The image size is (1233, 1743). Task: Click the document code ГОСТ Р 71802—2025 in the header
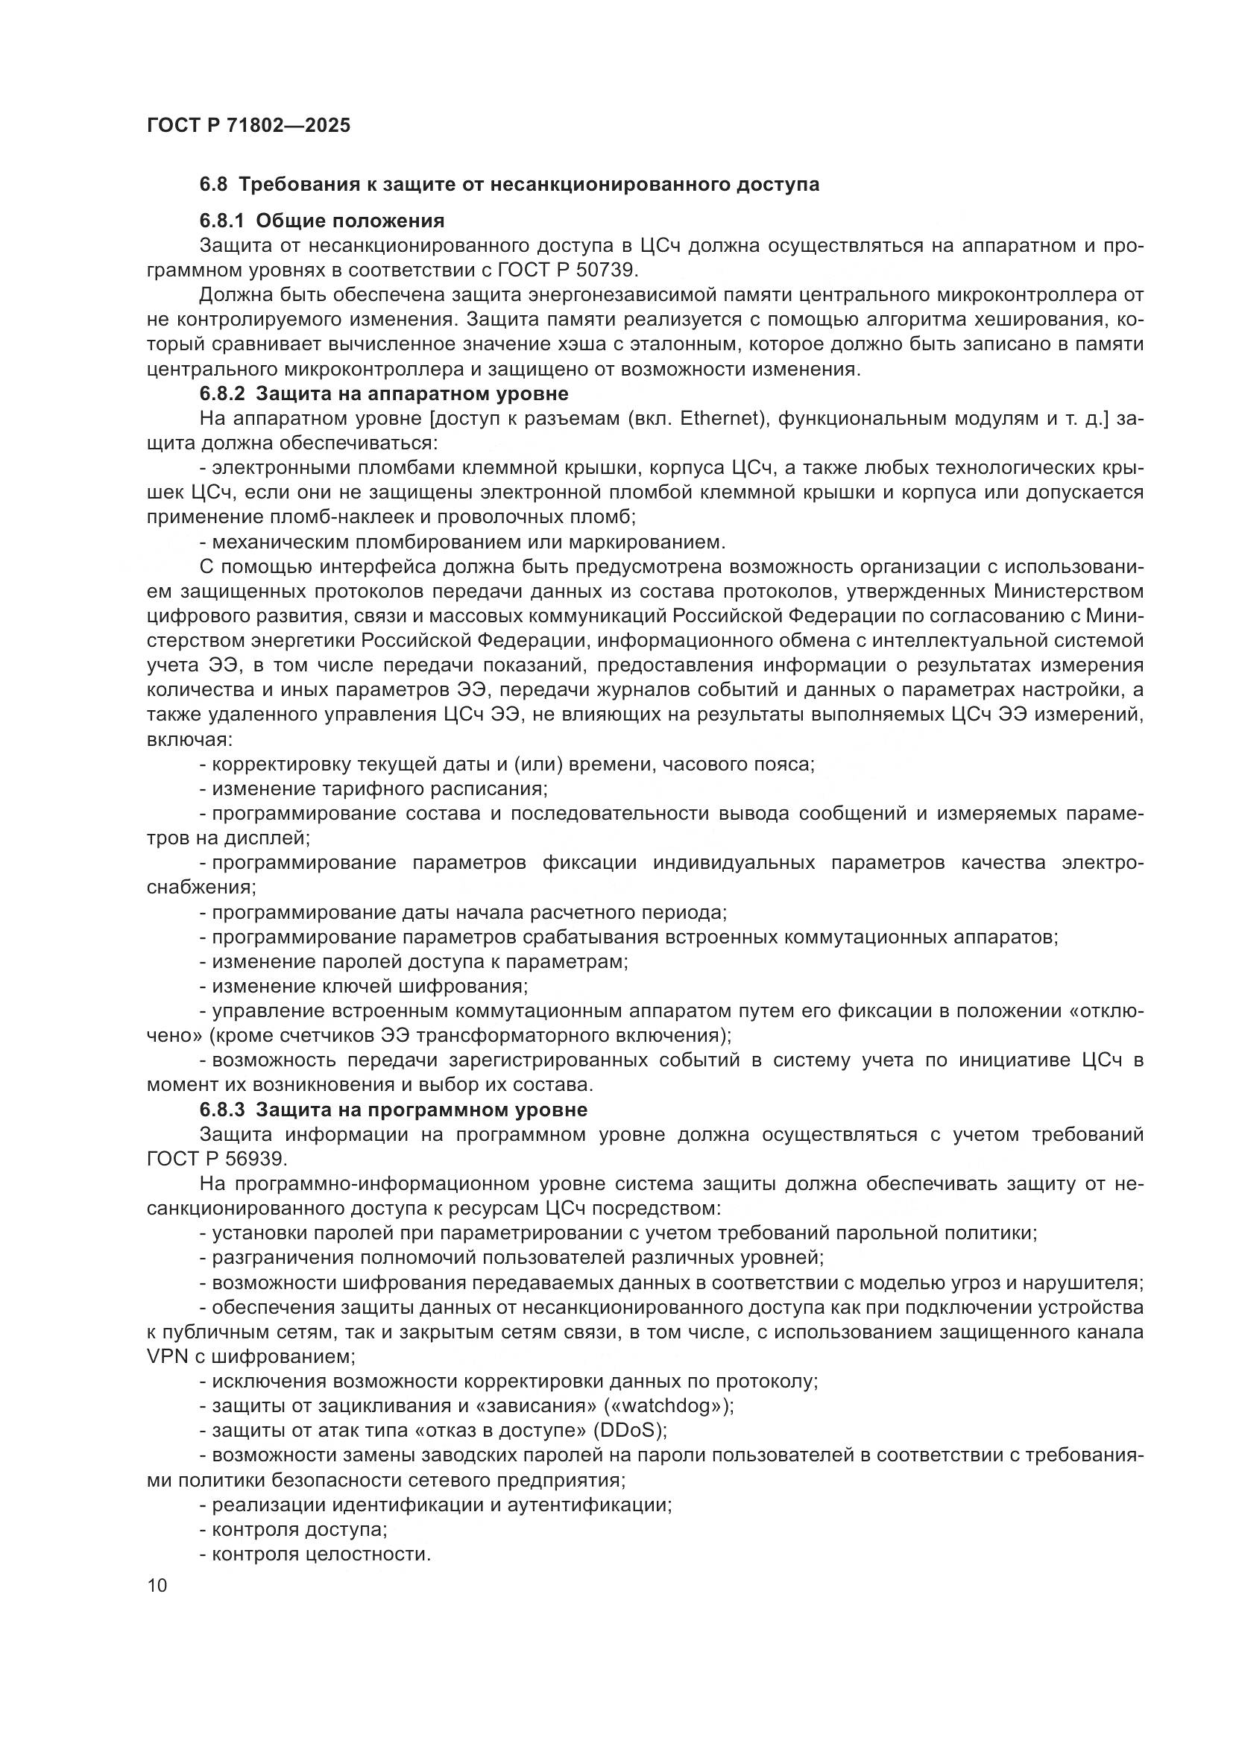click(248, 126)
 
